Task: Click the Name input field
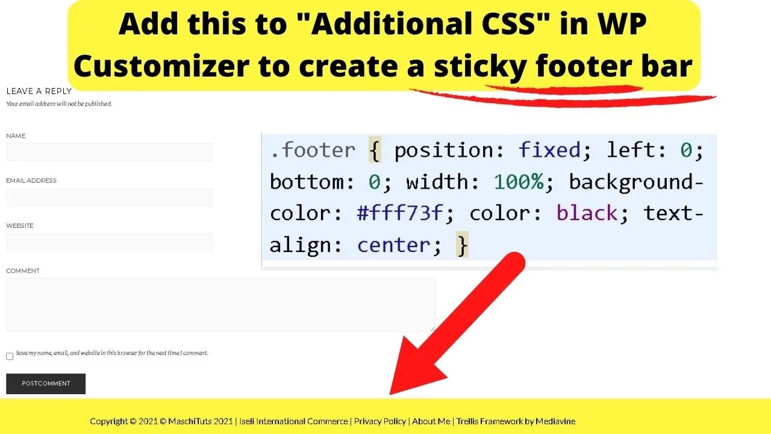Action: point(109,153)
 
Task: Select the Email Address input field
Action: point(109,197)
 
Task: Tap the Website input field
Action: point(109,242)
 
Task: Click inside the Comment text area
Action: point(220,304)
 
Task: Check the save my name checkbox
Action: point(10,356)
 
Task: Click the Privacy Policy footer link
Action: point(380,421)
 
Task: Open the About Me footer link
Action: point(431,421)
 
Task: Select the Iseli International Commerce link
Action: point(294,421)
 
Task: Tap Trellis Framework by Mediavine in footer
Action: point(516,421)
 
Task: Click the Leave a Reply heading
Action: point(39,91)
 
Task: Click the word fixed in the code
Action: point(550,150)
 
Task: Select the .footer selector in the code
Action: point(313,150)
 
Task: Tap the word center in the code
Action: point(393,245)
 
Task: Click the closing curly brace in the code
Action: point(462,245)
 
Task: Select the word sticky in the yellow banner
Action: point(480,67)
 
